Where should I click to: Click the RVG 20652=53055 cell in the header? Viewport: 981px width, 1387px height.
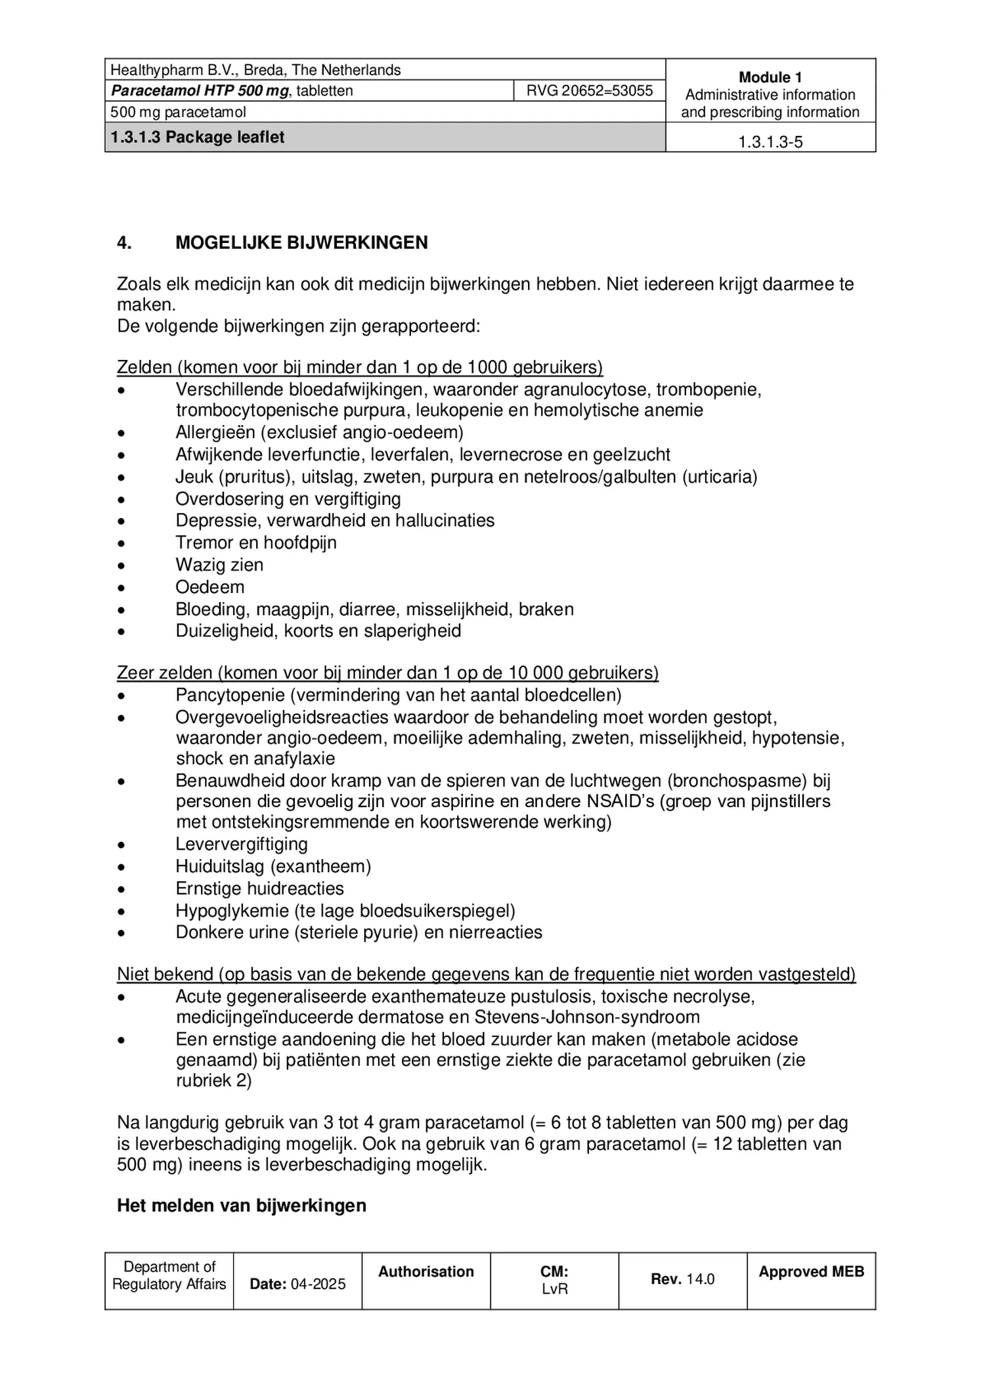coord(589,91)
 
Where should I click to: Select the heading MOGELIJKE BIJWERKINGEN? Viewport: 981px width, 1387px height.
coord(301,243)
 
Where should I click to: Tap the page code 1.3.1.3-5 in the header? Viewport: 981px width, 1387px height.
coord(770,142)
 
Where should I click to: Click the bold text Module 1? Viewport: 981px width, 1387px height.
coord(770,77)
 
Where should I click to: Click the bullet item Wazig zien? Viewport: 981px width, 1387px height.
coord(219,565)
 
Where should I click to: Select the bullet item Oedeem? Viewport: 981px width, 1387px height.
coord(209,587)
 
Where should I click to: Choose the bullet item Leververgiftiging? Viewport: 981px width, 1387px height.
coord(241,844)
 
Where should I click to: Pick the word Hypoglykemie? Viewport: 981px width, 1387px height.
coord(232,911)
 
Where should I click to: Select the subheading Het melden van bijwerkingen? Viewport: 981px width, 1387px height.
coord(241,1206)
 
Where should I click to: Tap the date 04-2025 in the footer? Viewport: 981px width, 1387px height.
coord(318,1284)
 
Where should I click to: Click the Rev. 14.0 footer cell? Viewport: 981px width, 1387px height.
coord(682,1279)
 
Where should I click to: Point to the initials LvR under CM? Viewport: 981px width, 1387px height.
coord(554,1288)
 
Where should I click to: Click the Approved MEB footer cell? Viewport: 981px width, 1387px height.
coord(811,1272)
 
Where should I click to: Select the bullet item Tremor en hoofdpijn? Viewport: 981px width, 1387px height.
coord(255,543)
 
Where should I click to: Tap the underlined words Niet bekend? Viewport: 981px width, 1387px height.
coord(165,974)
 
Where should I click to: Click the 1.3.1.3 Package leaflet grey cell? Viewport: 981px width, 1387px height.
coord(198,137)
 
